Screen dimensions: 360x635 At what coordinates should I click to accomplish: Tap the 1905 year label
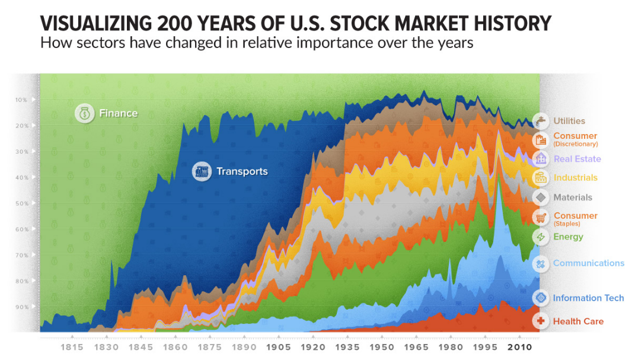click(x=279, y=348)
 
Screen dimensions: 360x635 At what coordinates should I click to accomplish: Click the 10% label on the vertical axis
click(x=21, y=100)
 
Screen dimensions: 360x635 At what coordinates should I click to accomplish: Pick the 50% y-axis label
click(x=21, y=203)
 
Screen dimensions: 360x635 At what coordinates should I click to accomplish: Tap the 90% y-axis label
click(x=21, y=307)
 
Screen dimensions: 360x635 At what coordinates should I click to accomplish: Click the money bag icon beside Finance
click(x=85, y=113)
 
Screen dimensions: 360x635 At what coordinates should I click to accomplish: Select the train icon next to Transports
click(x=202, y=171)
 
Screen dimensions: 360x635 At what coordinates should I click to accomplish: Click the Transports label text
click(x=242, y=171)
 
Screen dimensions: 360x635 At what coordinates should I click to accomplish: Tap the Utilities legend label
click(x=569, y=121)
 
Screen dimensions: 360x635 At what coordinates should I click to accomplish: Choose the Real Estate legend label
click(x=577, y=159)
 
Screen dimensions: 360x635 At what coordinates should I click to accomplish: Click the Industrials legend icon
click(x=540, y=177)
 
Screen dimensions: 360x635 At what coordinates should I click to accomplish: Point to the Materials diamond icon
click(x=540, y=197)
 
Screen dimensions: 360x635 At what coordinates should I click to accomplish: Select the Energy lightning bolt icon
click(x=540, y=237)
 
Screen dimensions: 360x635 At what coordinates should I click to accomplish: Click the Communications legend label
click(x=588, y=263)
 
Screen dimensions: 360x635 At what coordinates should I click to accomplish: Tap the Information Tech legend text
click(x=588, y=298)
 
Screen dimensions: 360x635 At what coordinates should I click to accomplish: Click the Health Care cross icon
click(x=540, y=321)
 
